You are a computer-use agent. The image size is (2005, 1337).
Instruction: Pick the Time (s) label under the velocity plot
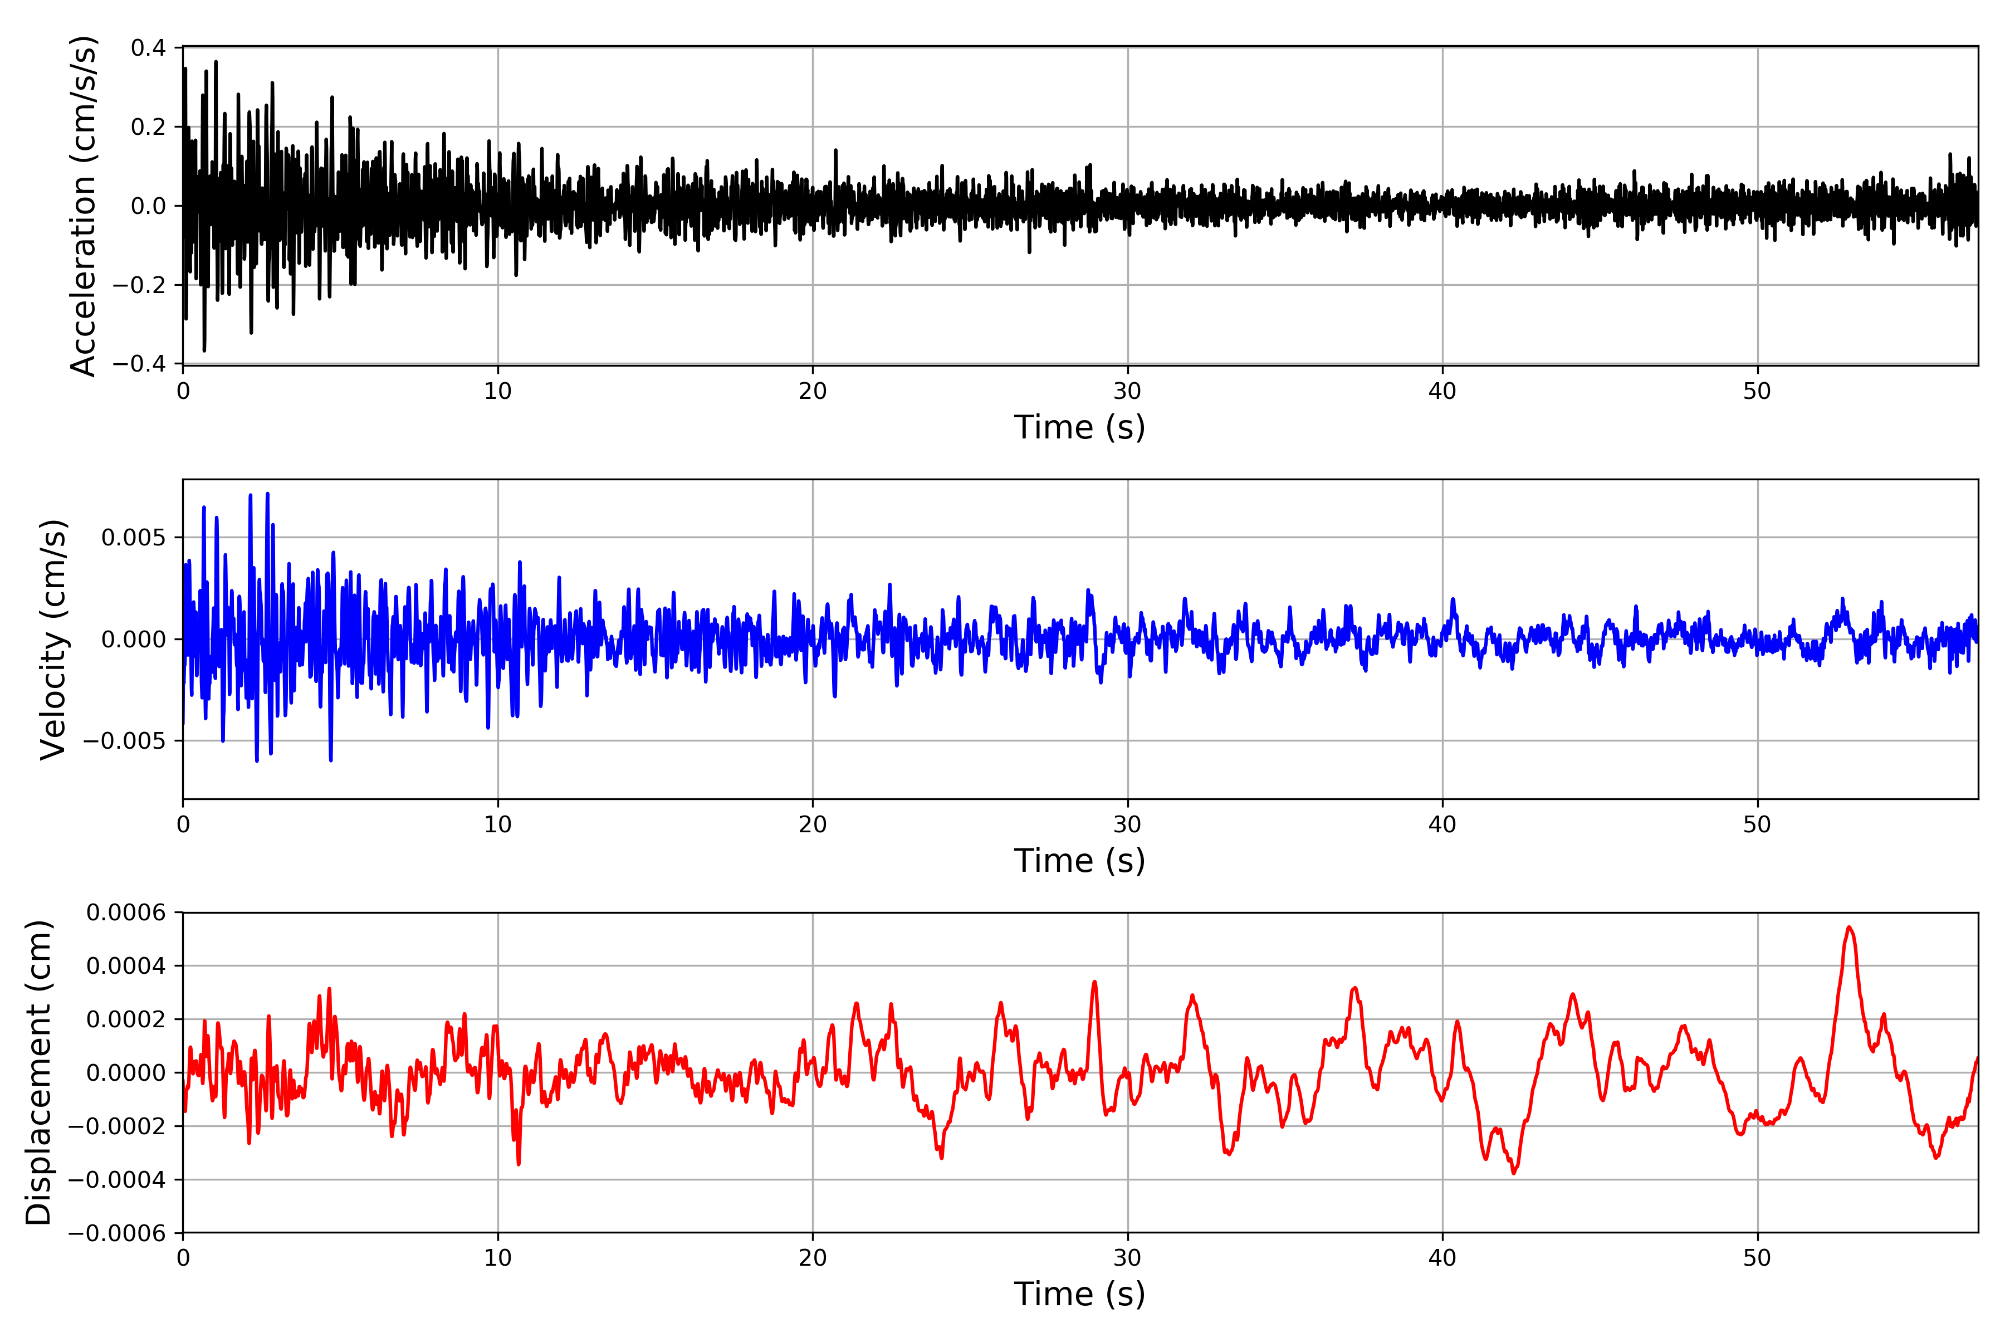pyautogui.click(x=1079, y=860)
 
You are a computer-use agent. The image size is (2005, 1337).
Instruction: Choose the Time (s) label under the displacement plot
pyautogui.click(x=1079, y=1294)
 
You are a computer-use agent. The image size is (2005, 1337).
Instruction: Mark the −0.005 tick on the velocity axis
pyautogui.click(x=124, y=740)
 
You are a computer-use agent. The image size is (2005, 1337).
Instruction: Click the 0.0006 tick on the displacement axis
pyautogui.click(x=126, y=913)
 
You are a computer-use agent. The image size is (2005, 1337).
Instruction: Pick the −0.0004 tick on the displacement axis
pyautogui.click(x=118, y=1179)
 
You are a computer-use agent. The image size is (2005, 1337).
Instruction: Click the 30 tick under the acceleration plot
pyautogui.click(x=1127, y=392)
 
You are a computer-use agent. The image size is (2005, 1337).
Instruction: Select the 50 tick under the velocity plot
pyautogui.click(x=1757, y=824)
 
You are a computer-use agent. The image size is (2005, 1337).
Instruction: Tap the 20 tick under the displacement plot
pyautogui.click(x=813, y=1258)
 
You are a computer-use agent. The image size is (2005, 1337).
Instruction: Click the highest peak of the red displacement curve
pyautogui.click(x=1848, y=928)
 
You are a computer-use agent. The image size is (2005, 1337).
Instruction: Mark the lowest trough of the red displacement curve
pyautogui.click(x=1514, y=1173)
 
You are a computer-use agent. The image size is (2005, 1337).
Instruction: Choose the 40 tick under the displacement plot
pyautogui.click(x=1442, y=1258)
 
